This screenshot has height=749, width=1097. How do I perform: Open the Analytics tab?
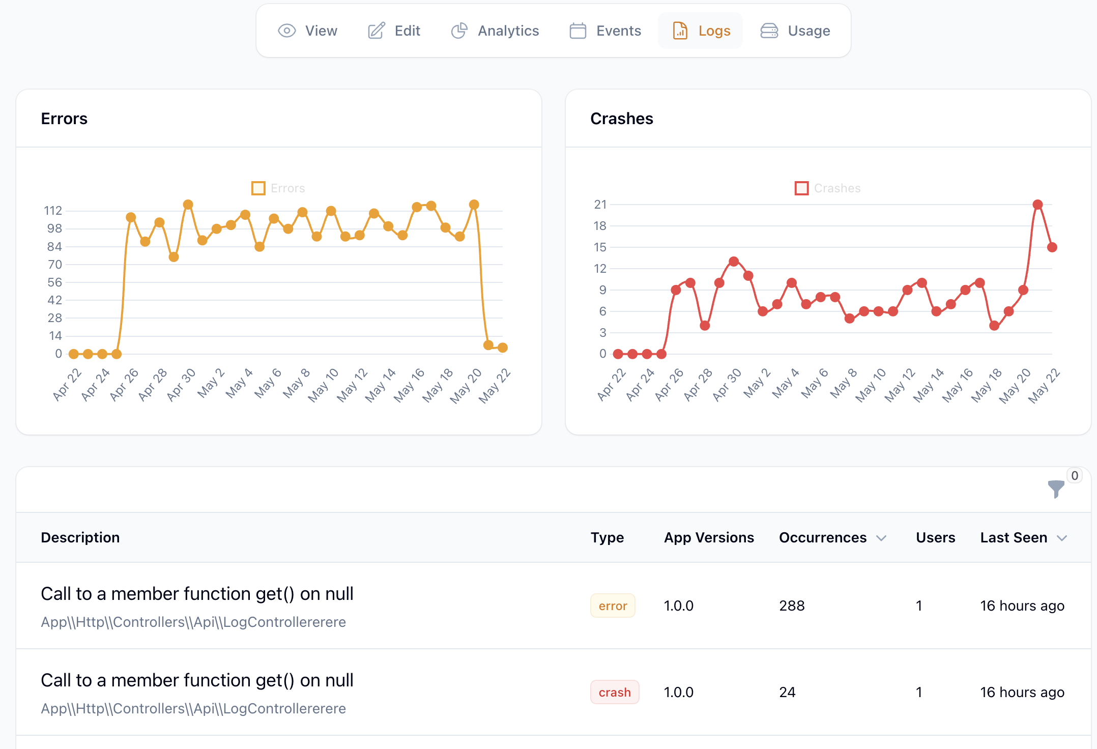click(495, 31)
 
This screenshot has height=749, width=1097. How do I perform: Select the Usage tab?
click(795, 31)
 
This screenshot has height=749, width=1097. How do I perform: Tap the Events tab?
click(605, 31)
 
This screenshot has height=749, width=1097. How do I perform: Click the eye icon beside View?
click(287, 31)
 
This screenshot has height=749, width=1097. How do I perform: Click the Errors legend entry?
click(278, 188)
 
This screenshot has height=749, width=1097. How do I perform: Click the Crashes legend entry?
click(828, 188)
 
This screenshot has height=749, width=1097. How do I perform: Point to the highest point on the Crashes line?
click(1037, 205)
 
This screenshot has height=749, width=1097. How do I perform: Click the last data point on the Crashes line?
click(1052, 247)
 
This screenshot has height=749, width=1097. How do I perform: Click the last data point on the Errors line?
click(503, 348)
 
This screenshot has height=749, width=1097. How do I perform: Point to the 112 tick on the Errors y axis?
click(53, 211)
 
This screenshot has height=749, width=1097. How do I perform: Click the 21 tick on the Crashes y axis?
click(600, 205)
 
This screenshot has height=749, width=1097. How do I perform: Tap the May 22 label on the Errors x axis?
click(495, 386)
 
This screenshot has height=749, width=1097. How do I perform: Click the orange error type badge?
click(613, 606)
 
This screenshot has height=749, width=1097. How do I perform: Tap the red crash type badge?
click(615, 693)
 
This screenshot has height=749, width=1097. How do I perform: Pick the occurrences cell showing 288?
click(792, 606)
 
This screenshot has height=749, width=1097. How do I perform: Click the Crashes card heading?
click(621, 119)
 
